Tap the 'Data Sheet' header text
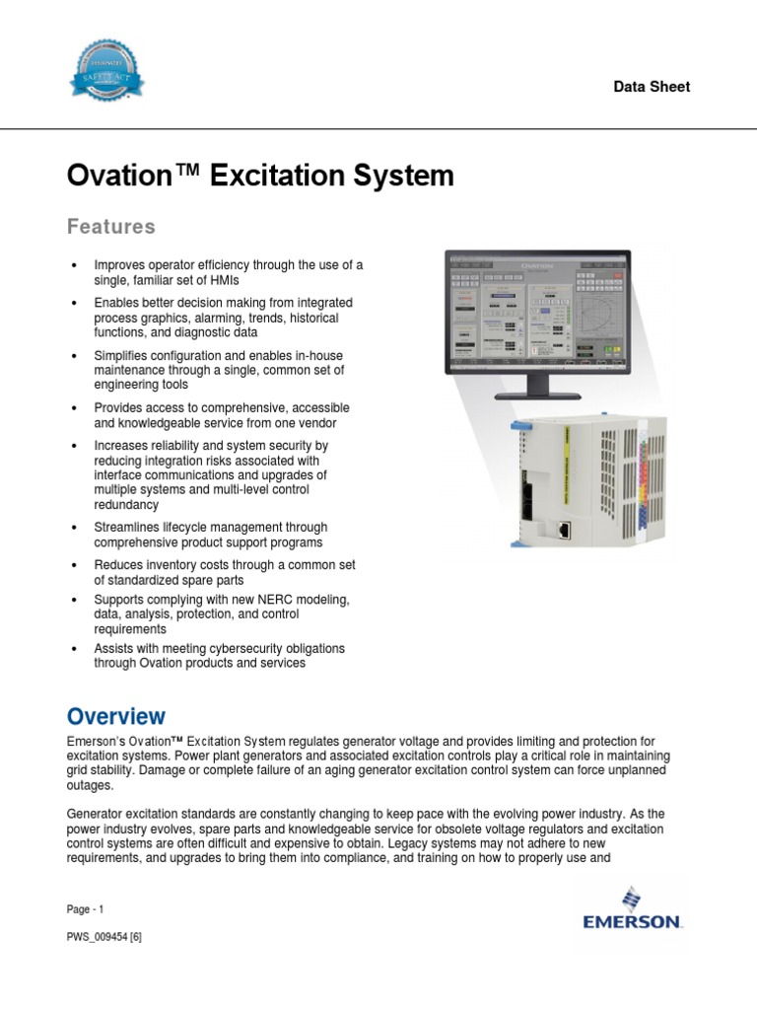pyautogui.click(x=652, y=87)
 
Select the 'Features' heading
pyautogui.click(x=110, y=227)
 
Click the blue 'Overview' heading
pyautogui.click(x=115, y=716)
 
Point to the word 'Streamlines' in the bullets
pyautogui.click(x=127, y=528)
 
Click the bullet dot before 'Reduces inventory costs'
pyautogui.click(x=75, y=565)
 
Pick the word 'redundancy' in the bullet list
pyautogui.click(x=126, y=504)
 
